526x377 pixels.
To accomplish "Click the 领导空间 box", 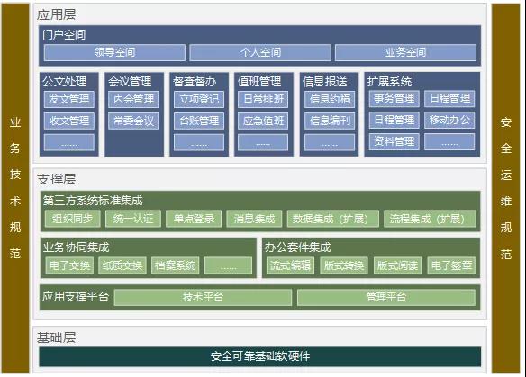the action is tap(114, 52).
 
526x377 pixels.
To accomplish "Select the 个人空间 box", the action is tap(260, 52).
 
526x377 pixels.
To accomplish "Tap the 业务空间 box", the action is tap(405, 52).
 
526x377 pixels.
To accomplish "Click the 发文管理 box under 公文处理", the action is tap(69, 100).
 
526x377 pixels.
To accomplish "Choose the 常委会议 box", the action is tap(133, 121).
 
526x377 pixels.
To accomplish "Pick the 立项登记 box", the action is tap(199, 100).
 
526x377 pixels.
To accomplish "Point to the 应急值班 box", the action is tap(263, 121).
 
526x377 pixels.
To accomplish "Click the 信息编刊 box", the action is tap(330, 121).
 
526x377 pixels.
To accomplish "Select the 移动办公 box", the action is tap(449, 120).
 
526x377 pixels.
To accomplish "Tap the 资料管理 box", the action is tap(394, 141).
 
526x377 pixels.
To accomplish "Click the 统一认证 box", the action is tap(133, 219).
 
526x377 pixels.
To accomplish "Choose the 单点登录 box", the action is tap(194, 219).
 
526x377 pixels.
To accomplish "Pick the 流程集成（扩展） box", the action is tap(430, 219).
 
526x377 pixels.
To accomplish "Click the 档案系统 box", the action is tap(175, 265).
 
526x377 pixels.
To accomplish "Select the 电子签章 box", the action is tap(451, 265).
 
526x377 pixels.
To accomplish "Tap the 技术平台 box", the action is tap(203, 297).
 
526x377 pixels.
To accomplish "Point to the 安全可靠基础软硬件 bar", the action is tap(260, 356).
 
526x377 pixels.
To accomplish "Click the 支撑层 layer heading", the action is tap(57, 179).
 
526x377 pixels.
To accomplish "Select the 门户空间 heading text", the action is tap(64, 35).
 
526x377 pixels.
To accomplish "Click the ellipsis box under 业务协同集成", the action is tap(228, 265).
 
